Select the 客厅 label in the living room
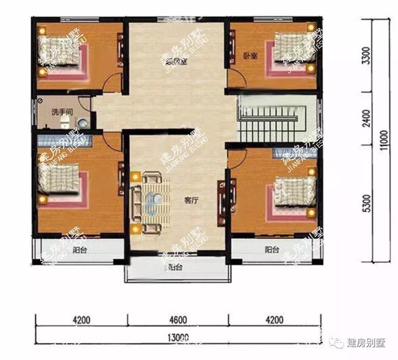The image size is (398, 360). (191, 201)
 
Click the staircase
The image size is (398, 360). (271, 118)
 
